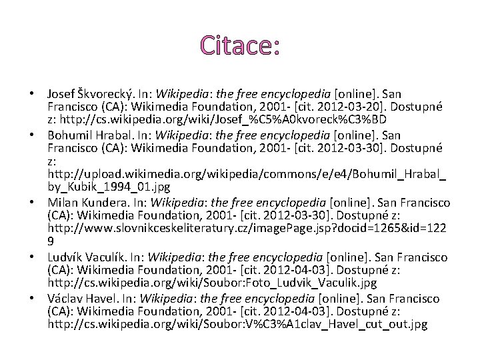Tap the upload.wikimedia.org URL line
click(247, 175)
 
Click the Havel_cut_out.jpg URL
click(237, 325)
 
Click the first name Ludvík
click(65, 257)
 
